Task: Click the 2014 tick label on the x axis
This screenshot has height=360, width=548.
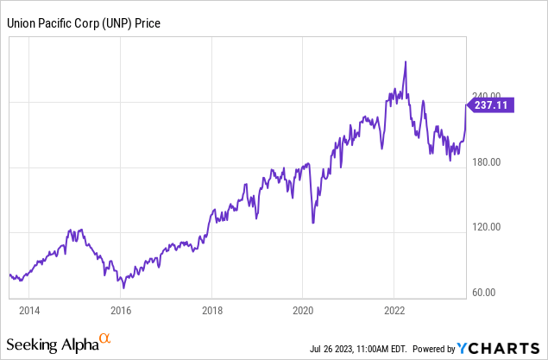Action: coord(29,308)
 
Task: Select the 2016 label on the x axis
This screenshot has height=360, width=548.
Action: coord(121,308)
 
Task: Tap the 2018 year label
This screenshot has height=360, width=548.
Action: coord(212,308)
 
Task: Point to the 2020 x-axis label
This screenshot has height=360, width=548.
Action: coord(303,308)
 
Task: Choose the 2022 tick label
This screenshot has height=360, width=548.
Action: coord(394,308)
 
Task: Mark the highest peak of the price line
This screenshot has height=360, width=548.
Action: coord(406,61)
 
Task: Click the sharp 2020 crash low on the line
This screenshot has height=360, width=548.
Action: coord(312,223)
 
